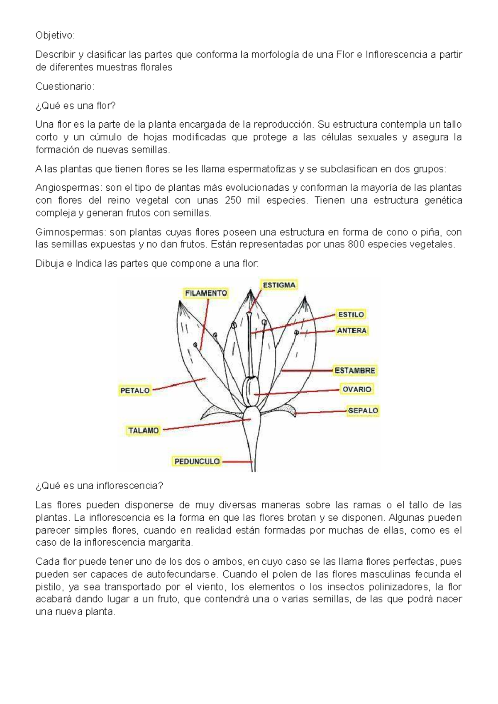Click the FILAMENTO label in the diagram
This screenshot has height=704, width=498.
206,293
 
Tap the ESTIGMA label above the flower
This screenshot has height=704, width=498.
279,285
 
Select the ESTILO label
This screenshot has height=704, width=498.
351,315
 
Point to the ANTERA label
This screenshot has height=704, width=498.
352,330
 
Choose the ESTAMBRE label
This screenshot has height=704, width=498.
355,370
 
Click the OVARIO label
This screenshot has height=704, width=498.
357,389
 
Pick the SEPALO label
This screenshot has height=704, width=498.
364,410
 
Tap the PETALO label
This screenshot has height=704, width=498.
135,390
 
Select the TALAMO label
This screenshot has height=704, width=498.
144,430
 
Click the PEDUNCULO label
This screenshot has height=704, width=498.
197,461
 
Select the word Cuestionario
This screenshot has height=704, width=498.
65,87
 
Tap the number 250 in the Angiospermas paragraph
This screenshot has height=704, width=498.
232,201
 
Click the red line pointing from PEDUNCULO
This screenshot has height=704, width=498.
237,461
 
